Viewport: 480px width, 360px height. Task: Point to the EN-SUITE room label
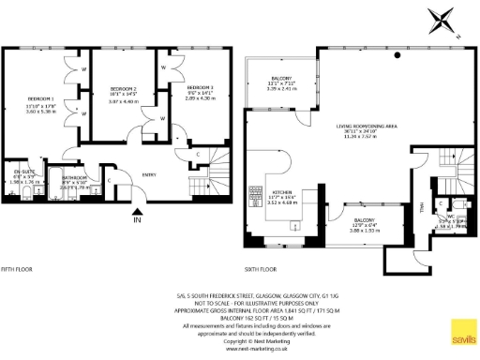pyautogui.click(x=23, y=171)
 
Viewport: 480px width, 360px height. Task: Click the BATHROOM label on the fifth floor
pyautogui.click(x=74, y=177)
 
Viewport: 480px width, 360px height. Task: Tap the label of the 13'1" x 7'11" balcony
pyautogui.click(x=280, y=78)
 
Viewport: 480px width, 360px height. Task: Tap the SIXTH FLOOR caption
pyautogui.click(x=261, y=269)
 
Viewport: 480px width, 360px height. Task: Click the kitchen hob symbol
pyautogui.click(x=253, y=195)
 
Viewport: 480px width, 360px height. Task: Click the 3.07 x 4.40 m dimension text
pyautogui.click(x=125, y=100)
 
